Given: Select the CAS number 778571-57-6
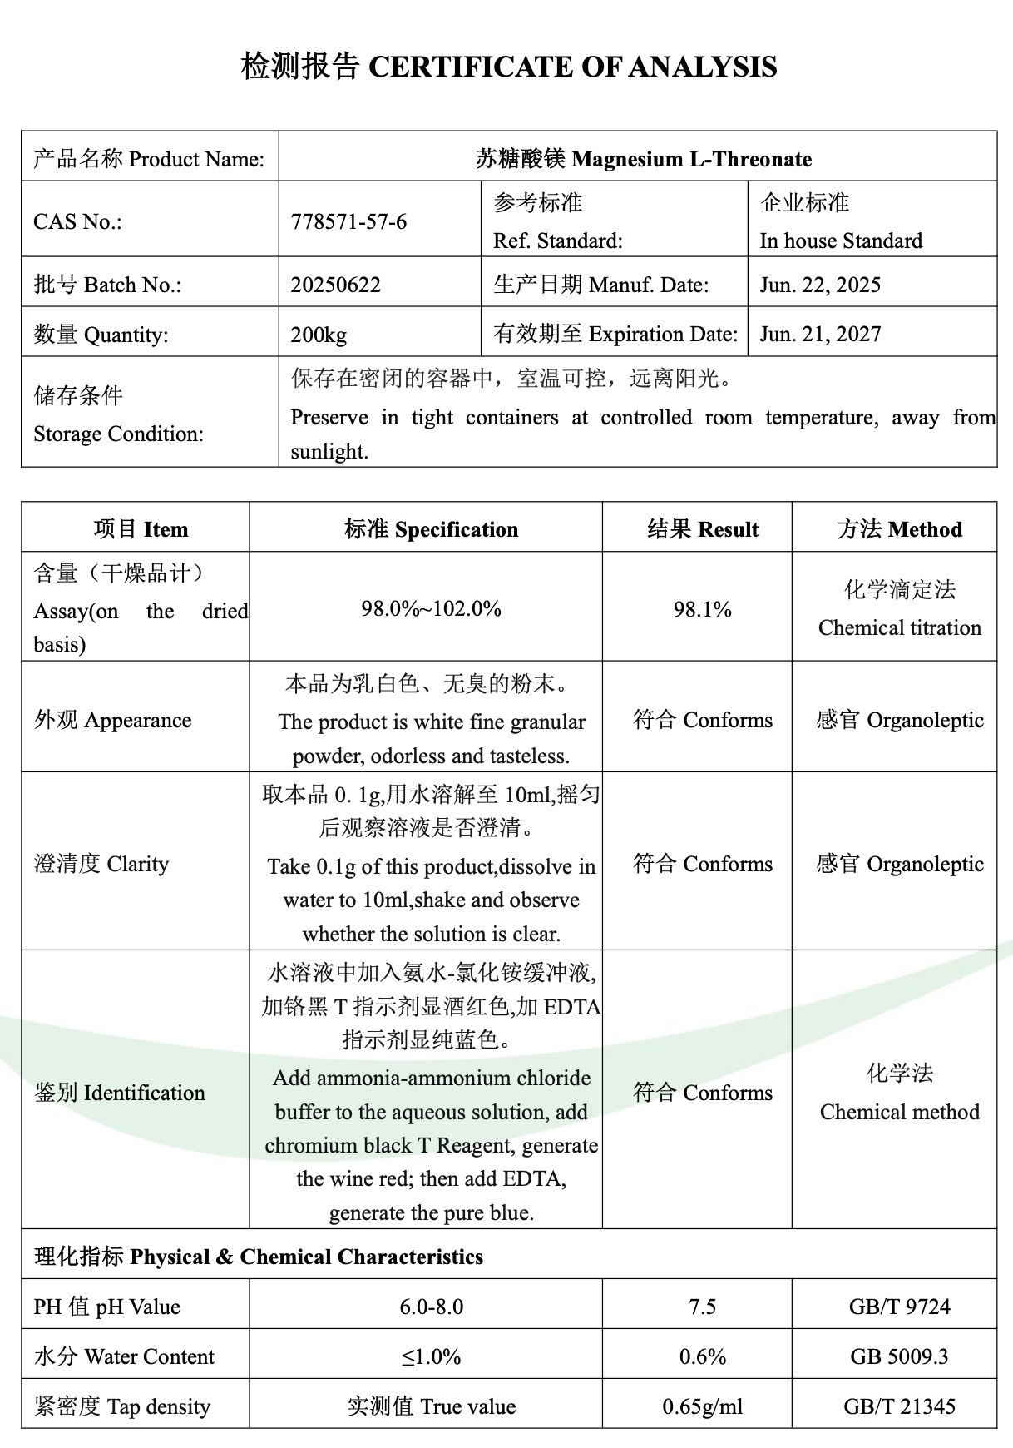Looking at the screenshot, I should pos(348,221).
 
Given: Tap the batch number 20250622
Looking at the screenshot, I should pos(335,285).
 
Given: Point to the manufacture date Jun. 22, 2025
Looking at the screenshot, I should pos(819,285).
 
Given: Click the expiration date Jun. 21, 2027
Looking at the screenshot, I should pos(819,334).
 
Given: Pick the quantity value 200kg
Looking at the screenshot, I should pos(319,335).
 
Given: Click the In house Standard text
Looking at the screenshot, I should pos(840,241).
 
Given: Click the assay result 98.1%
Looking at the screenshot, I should pos(702,609).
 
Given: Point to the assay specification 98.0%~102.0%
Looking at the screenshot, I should pos(431,608).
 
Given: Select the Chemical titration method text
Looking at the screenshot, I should pos(899,627).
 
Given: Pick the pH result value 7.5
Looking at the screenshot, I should pos(702,1307).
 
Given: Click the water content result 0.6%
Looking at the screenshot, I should pos(702,1356).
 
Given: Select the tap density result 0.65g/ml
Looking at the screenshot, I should pos(702,1406).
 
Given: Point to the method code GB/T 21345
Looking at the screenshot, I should pos(899,1406).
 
